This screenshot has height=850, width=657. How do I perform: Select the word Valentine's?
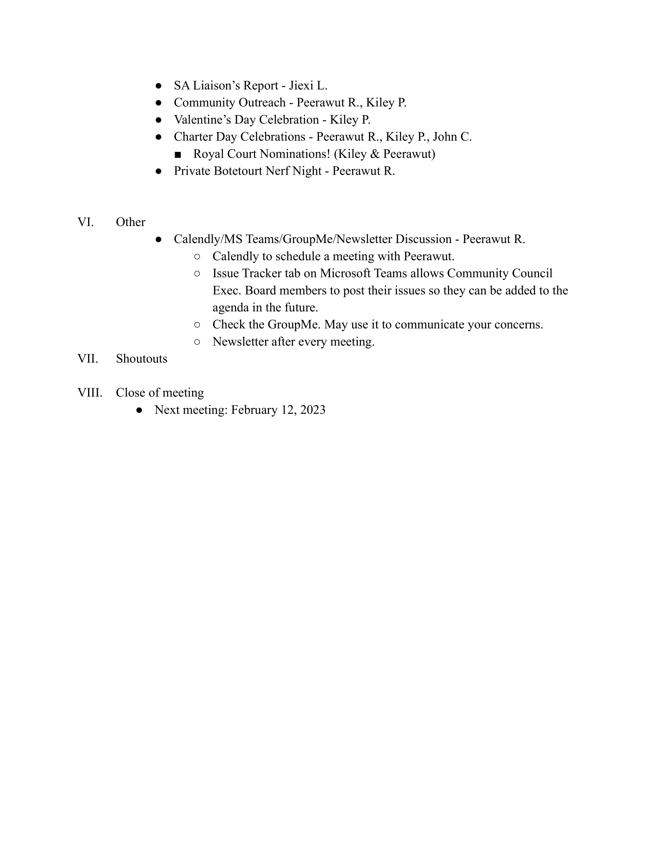202,120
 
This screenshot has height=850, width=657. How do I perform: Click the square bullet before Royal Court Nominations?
178,155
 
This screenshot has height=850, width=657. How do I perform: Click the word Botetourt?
237,171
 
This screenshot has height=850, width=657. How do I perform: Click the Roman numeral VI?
85,222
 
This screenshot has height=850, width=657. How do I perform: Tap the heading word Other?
130,222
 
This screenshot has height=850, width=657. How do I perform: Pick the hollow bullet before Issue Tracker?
197,274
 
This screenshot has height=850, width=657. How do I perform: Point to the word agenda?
230,308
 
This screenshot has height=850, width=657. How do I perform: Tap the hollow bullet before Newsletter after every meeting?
197,342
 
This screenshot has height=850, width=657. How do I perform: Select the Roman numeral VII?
88,359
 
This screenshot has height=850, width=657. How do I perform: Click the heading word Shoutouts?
141,359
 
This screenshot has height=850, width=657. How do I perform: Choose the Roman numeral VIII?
90,393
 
